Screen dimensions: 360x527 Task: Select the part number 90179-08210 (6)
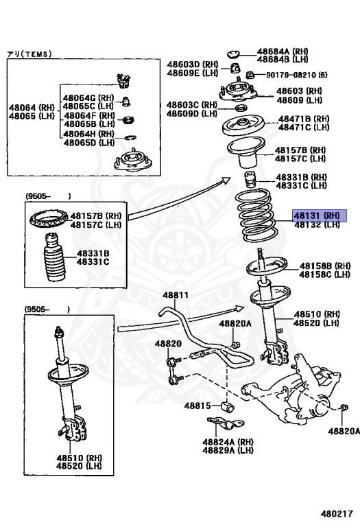296,75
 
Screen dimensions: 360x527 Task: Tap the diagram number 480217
337,513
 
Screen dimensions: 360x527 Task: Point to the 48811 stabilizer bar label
176,295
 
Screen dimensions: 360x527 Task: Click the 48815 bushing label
197,406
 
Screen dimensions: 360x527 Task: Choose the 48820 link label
168,344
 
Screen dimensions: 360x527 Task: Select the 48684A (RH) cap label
283,51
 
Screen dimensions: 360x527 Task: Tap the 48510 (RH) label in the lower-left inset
80,458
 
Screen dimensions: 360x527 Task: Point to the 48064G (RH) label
88,98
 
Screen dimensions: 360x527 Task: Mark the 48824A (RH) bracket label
228,442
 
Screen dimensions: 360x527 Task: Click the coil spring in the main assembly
257,215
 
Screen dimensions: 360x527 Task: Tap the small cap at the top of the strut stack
232,54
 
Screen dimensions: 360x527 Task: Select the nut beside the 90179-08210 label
249,74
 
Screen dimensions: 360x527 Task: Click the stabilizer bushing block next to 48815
228,406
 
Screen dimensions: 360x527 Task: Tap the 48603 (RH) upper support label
299,91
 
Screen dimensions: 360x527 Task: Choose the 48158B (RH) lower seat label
325,266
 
